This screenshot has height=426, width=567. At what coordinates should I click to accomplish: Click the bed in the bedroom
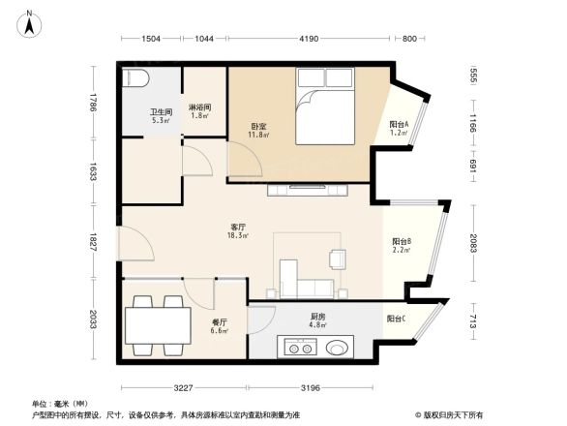pos(327,114)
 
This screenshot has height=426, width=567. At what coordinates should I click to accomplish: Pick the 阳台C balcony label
pos(396,319)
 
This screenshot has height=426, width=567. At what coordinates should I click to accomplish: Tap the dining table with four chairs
pos(157,321)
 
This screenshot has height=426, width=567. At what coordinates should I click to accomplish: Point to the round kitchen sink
pos(338,347)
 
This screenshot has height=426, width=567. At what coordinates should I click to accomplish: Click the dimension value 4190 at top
pos(309,38)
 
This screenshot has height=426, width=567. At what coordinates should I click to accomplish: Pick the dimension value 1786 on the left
pos(93,102)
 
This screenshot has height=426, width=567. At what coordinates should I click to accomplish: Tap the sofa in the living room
pos(308,287)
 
